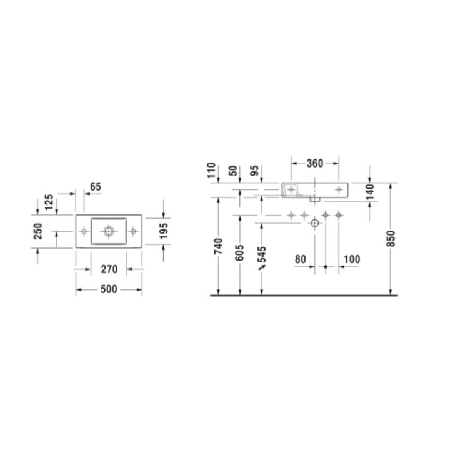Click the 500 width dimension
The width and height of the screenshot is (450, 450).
[x=109, y=290]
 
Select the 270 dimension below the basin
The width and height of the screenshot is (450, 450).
[x=109, y=270]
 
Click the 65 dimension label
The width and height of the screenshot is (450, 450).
[x=96, y=186]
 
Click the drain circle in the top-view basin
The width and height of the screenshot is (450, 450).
[x=109, y=231]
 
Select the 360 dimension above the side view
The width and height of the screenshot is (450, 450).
[x=315, y=164]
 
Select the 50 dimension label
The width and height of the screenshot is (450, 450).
[x=234, y=171]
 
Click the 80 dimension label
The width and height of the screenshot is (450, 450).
[x=301, y=258]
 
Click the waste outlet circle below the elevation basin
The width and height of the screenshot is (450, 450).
[x=315, y=223]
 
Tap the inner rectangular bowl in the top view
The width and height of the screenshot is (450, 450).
[x=109, y=231]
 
